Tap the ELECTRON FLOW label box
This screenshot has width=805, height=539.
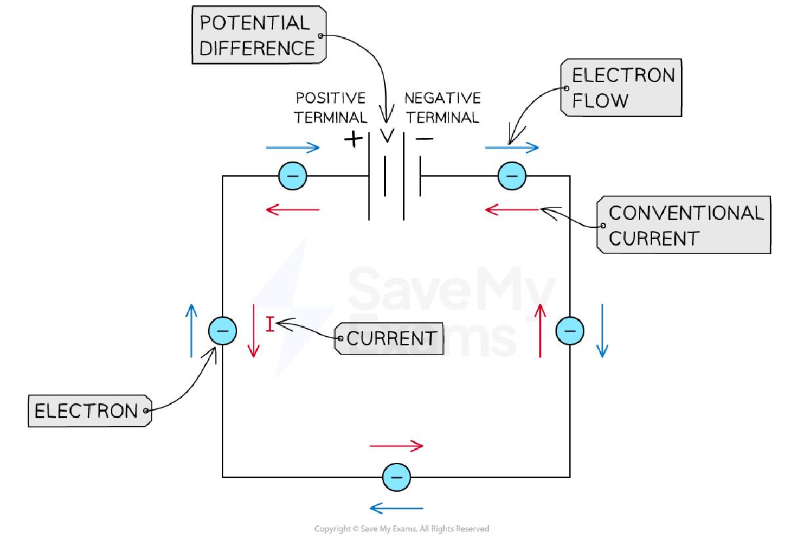(621, 88)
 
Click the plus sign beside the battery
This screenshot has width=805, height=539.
(353, 139)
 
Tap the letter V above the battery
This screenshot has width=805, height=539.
(387, 136)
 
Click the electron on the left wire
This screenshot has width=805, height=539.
(223, 332)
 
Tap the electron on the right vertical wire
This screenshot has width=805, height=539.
(569, 330)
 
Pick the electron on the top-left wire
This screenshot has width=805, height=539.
(292, 176)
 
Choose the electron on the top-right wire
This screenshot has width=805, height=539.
(512, 176)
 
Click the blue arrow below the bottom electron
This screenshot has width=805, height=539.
(396, 507)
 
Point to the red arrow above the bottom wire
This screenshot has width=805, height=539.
(396, 446)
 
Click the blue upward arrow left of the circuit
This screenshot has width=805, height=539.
(191, 330)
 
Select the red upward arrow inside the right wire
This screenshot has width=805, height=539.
(541, 330)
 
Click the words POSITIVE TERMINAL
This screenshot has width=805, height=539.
(330, 108)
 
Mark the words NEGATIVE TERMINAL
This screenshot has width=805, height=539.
(442, 108)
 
